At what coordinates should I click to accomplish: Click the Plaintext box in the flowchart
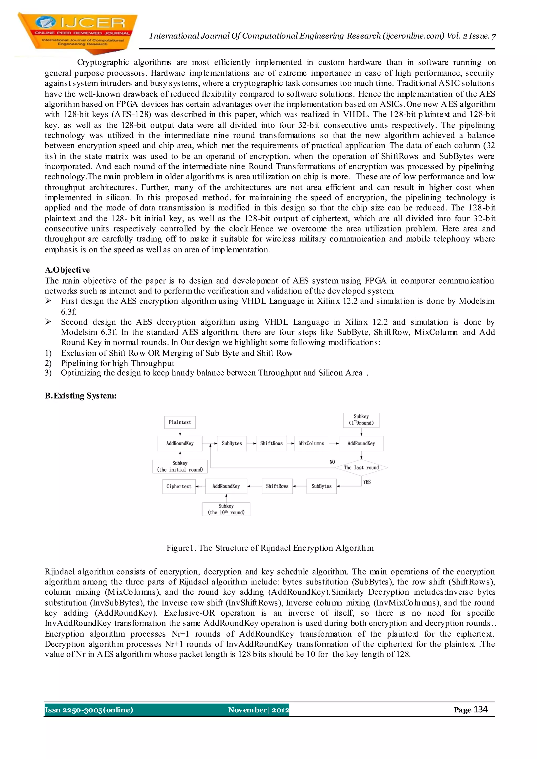(180, 422)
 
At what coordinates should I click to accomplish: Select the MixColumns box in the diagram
(312, 443)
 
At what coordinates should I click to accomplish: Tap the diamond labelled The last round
(361, 468)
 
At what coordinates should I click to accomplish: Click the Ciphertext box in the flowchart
(179, 486)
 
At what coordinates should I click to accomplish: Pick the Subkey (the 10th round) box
(226, 509)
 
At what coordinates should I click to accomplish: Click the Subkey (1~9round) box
(361, 420)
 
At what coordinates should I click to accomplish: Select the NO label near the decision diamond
(332, 462)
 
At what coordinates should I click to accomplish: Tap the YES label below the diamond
(367, 482)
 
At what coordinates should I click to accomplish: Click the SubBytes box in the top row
(232, 443)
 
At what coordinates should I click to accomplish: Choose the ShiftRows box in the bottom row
(277, 486)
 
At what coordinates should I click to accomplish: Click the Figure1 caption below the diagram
(270, 548)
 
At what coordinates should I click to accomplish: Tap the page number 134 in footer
(480, 709)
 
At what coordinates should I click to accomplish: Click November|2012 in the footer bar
(258, 710)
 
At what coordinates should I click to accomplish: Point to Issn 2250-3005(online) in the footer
(89, 710)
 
